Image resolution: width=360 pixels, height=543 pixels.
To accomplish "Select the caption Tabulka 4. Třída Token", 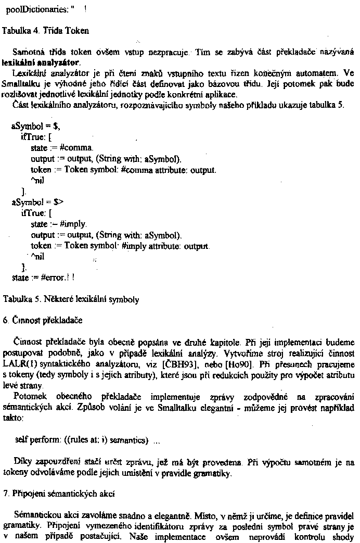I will coord(46,30).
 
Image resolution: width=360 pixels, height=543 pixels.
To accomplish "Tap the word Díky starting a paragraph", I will coord(24,462).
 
